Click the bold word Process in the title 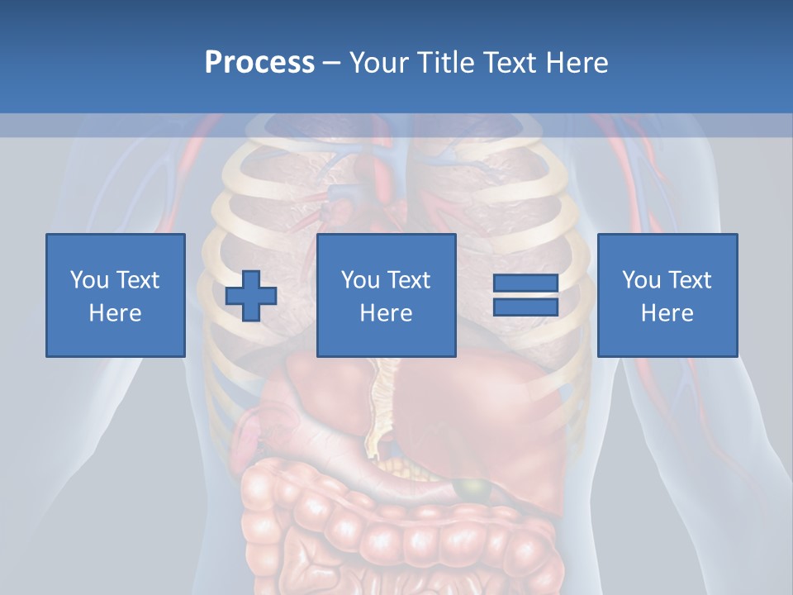[259, 63]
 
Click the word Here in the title [576, 63]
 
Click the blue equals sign [525, 295]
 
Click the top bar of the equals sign [525, 283]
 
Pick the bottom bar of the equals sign [525, 307]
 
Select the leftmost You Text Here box [116, 295]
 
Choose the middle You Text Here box [386, 295]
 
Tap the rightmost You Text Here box [667, 295]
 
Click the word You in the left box [89, 280]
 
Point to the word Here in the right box [667, 313]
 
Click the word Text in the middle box [408, 280]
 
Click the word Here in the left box [116, 313]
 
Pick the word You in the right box [641, 280]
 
